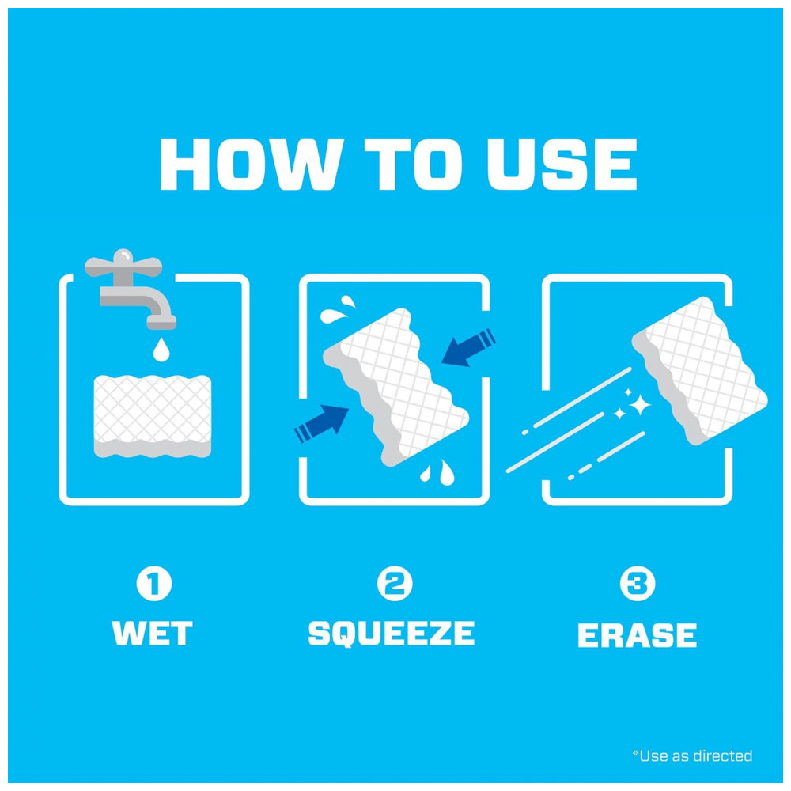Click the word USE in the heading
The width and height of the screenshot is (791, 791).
point(562,165)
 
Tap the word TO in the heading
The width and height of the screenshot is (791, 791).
point(413,165)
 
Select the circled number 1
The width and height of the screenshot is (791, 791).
point(154,584)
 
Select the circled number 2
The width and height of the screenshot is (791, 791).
point(395,584)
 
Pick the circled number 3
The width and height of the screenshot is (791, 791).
point(638,584)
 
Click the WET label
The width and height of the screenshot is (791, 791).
point(152,633)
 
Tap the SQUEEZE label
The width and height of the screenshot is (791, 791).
point(392,634)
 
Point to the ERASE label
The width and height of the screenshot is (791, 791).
point(637,634)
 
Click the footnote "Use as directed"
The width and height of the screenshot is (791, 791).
point(692,755)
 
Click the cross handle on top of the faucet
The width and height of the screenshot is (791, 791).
point(123,264)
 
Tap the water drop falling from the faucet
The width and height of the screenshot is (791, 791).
point(161,349)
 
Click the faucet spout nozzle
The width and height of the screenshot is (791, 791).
point(161,322)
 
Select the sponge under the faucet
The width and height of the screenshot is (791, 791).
point(153,416)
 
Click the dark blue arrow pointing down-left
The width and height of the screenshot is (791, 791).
point(468,347)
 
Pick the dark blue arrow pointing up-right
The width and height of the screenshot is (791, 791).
point(322,424)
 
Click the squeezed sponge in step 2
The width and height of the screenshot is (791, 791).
point(396,387)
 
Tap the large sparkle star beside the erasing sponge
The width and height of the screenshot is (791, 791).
point(640,404)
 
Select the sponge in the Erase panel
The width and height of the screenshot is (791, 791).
point(700,371)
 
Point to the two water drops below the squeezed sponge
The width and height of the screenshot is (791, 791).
point(437,472)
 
